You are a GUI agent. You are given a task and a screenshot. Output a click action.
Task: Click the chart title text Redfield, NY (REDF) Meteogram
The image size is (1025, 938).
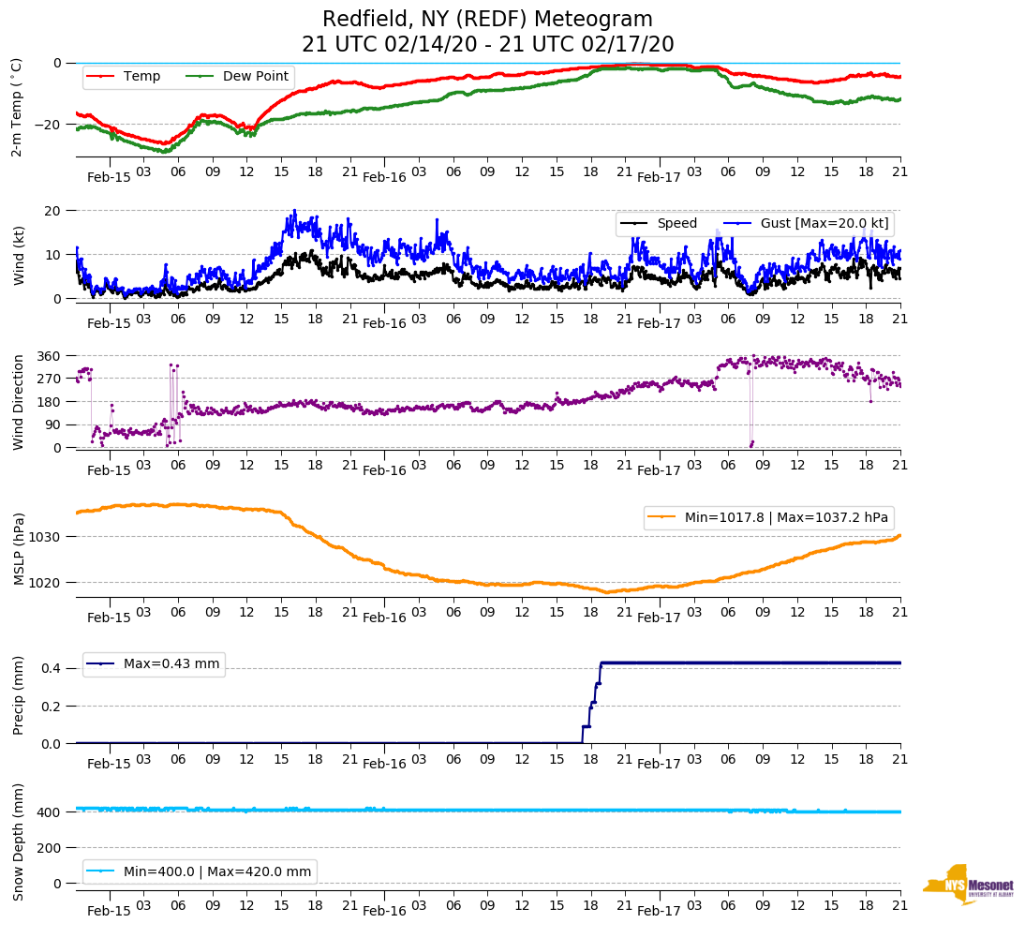click(x=487, y=20)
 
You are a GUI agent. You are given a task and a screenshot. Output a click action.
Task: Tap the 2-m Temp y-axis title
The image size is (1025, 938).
click(x=16, y=107)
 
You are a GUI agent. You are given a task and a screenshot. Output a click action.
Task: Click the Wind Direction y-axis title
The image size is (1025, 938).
click(x=19, y=401)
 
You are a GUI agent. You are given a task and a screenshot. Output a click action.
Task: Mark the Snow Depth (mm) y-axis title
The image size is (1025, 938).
click(x=19, y=841)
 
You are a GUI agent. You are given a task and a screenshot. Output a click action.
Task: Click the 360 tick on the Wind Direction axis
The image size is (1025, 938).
click(x=49, y=356)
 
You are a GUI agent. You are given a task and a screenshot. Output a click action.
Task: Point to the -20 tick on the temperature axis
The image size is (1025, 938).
click(x=46, y=125)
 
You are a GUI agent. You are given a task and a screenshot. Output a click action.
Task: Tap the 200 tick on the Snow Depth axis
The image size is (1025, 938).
click(x=49, y=848)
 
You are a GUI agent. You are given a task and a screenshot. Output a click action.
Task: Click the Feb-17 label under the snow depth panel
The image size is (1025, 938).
click(x=659, y=911)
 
